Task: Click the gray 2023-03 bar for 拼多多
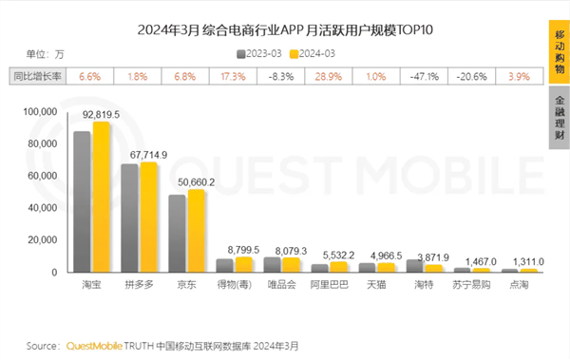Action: click(129, 218)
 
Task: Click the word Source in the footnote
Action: click(43, 346)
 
